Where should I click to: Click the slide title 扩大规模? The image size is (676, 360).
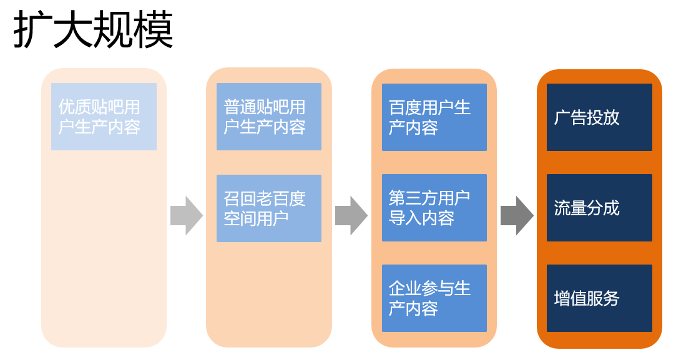pyautogui.click(x=93, y=30)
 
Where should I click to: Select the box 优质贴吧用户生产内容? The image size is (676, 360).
pyautogui.click(x=104, y=117)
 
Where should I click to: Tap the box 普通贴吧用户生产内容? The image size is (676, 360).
pyautogui.click(x=268, y=117)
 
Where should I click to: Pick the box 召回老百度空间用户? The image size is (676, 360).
pyautogui.click(x=268, y=208)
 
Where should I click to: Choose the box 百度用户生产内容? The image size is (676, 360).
pyautogui.click(x=434, y=117)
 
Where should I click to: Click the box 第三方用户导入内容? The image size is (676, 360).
pyautogui.click(x=434, y=208)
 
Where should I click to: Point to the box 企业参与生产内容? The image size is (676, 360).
pyautogui.click(x=434, y=298)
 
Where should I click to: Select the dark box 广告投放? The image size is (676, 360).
pyautogui.click(x=599, y=117)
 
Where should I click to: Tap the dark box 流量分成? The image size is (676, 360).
pyautogui.click(x=599, y=208)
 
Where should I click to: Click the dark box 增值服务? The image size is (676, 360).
pyautogui.click(x=599, y=298)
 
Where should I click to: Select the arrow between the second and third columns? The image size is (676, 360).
pyautogui.click(x=351, y=216)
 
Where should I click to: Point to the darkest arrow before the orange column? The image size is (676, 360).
pyautogui.click(x=517, y=216)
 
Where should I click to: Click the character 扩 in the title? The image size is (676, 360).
pyautogui.click(x=32, y=30)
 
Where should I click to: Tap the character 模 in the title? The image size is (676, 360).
pyautogui.click(x=154, y=30)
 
